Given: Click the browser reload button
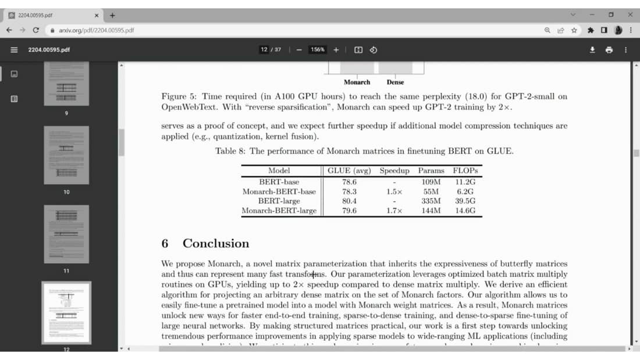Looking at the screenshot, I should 36,30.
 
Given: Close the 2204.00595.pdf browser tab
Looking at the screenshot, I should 97,15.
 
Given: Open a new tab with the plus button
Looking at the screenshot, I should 112,15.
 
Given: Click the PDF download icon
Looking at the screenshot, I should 592,50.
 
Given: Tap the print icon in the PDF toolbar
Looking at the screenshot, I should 609,50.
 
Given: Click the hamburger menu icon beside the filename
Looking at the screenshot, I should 14,50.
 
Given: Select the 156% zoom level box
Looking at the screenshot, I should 317,50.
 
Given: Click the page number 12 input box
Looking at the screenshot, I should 264,50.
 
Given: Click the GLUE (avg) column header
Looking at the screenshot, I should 350,171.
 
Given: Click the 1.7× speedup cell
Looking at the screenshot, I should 394,211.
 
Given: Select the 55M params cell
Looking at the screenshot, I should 431,191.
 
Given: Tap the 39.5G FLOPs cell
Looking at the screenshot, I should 465,201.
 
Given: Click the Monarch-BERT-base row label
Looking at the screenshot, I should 279,191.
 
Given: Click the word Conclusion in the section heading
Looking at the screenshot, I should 216,244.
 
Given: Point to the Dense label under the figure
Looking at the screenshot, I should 395,82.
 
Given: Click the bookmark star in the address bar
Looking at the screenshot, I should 574,30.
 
